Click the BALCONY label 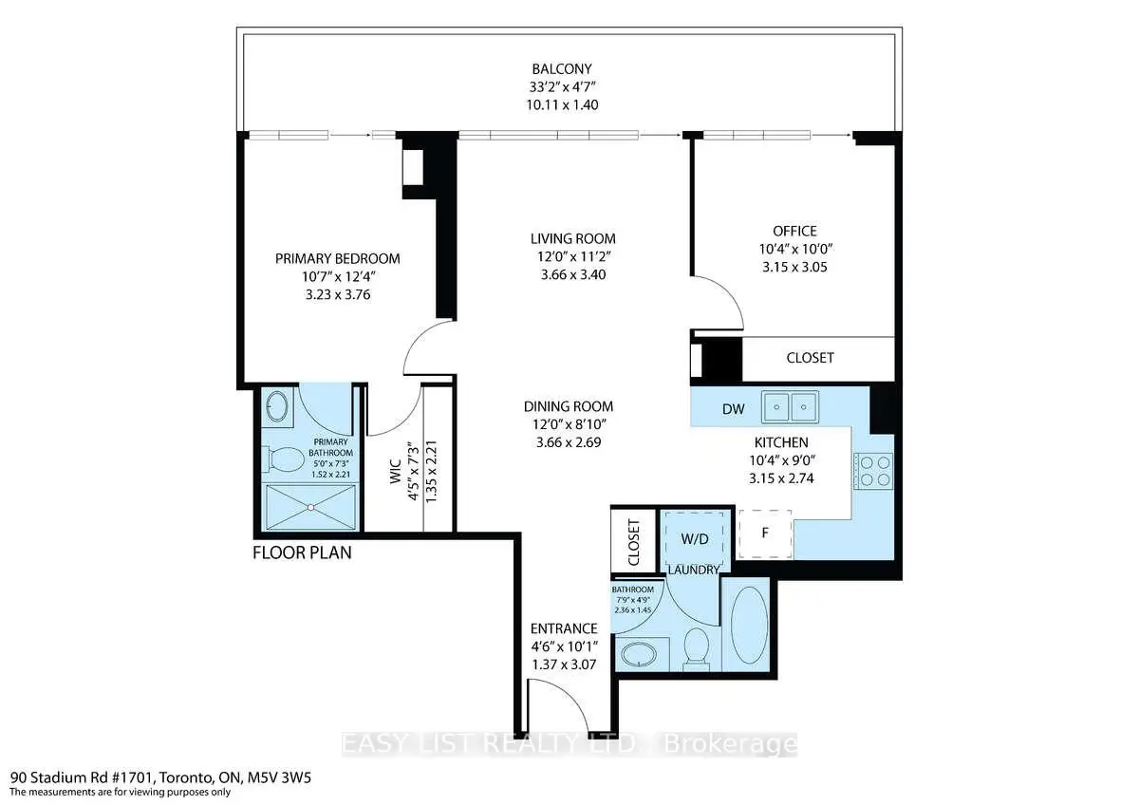[x=561, y=68]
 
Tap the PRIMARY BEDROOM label [x=337, y=258]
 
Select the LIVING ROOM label [x=572, y=238]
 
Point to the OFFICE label [x=794, y=231]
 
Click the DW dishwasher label [x=733, y=408]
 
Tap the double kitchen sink [x=790, y=407]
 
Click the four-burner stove [x=873, y=471]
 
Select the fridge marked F [x=765, y=534]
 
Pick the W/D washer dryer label [x=695, y=539]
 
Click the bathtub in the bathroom [x=749, y=625]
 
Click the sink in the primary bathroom [x=277, y=407]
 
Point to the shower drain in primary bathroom [x=310, y=507]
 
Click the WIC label [x=396, y=471]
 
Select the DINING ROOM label [x=568, y=406]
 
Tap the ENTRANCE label [x=564, y=628]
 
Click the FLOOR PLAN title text [x=302, y=552]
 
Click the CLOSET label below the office [x=810, y=358]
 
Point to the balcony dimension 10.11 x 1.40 [x=562, y=104]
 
